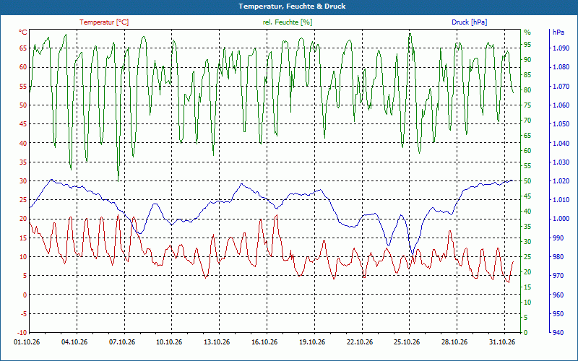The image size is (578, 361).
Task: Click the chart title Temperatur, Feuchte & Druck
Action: pyautogui.click(x=292, y=6)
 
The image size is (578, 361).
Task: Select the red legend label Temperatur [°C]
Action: pyautogui.click(x=104, y=22)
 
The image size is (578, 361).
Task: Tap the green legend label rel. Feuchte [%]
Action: pyautogui.click(x=288, y=22)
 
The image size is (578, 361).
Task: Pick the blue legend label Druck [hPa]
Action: pyautogui.click(x=469, y=22)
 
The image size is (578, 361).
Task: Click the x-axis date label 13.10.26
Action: pyautogui.click(x=217, y=342)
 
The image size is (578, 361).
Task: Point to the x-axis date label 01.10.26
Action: pyautogui.click(x=27, y=342)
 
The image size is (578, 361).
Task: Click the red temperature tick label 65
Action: pyautogui.click(x=23, y=48)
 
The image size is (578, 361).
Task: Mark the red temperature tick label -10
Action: pyautogui.click(x=22, y=333)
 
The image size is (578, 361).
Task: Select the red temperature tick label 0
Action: pyautogui.click(x=25, y=295)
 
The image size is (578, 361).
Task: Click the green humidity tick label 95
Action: pyautogui.click(x=527, y=45)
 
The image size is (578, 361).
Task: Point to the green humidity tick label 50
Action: pyautogui.click(x=527, y=181)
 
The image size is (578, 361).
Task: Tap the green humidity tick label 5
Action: pyautogui.click(x=526, y=317)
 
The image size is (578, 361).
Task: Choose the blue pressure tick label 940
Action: pyautogui.click(x=558, y=333)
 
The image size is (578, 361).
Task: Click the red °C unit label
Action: pyautogui.click(x=23, y=32)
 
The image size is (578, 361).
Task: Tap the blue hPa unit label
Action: pyautogui.click(x=558, y=32)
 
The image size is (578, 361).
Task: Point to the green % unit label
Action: pyautogui.click(x=527, y=32)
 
